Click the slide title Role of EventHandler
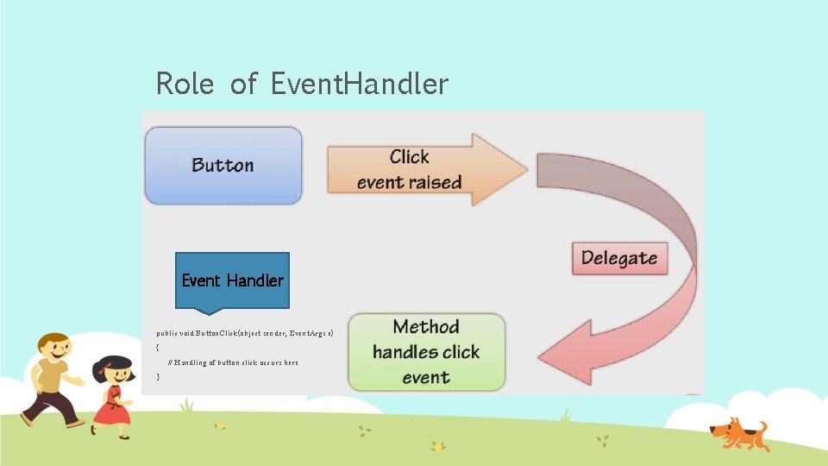point(302,84)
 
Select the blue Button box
point(223,165)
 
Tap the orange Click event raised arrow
point(414,169)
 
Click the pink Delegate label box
point(619,257)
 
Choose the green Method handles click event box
point(426,351)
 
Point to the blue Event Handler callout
point(232,280)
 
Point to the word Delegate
point(619,257)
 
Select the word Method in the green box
point(426,326)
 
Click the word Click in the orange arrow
point(409,156)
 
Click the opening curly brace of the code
point(158,347)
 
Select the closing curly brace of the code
point(158,377)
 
